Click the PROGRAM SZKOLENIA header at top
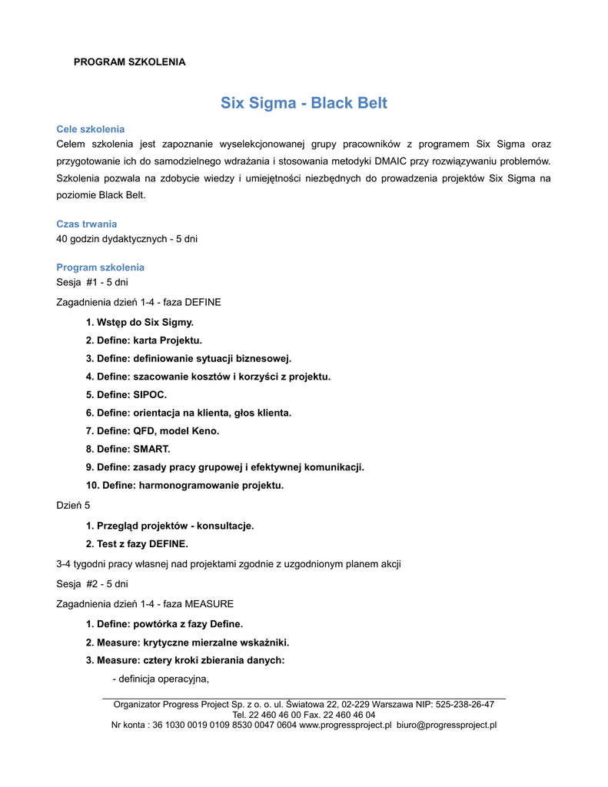tap(129, 61)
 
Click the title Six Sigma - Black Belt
tap(304, 103)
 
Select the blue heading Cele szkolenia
tap(91, 129)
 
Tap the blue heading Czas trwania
tap(87, 224)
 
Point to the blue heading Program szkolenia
tap(101, 267)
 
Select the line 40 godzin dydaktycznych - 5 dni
tap(127, 239)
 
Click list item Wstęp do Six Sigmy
tap(140, 322)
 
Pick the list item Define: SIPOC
tap(126, 395)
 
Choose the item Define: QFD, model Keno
tap(152, 431)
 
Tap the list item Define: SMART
tap(128, 449)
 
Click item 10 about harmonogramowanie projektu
tap(184, 485)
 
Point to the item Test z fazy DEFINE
tap(137, 544)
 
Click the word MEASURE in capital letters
tap(209, 604)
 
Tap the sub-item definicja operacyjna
tap(161, 679)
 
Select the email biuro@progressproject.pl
tap(447, 725)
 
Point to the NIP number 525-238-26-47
tap(464, 704)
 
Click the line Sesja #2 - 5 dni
tap(92, 584)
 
